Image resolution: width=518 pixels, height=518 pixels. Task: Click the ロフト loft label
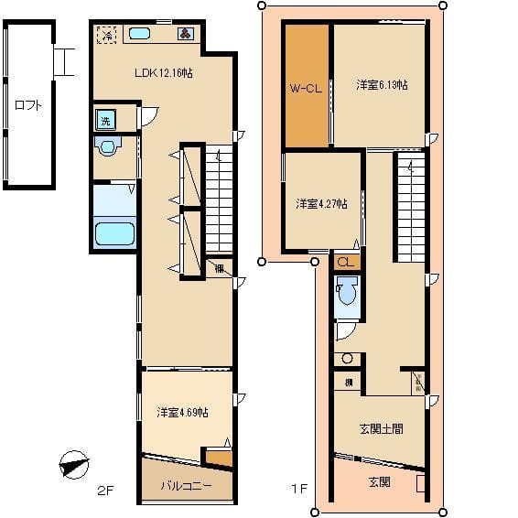pyautogui.click(x=27, y=104)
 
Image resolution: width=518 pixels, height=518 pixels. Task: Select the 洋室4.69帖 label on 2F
pyautogui.click(x=181, y=413)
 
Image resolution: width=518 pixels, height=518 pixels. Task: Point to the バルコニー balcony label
pyautogui.click(x=187, y=485)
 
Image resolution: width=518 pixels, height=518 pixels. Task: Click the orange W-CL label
pyautogui.click(x=305, y=89)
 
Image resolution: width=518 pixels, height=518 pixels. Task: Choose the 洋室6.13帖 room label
pyautogui.click(x=382, y=85)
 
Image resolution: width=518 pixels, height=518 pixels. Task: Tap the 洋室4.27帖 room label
pyautogui.click(x=320, y=203)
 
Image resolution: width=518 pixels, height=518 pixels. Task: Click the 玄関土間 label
pyautogui.click(x=380, y=428)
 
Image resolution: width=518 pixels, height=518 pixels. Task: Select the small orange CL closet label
pyautogui.click(x=344, y=262)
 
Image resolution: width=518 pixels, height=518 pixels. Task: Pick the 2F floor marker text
pyautogui.click(x=104, y=491)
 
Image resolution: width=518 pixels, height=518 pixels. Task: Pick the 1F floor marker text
pyautogui.click(x=298, y=491)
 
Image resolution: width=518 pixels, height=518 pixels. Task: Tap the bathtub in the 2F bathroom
pyautogui.click(x=114, y=234)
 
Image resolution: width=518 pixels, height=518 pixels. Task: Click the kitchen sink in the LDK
pyautogui.click(x=139, y=34)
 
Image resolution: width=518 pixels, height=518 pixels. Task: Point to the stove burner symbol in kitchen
pyautogui.click(x=185, y=35)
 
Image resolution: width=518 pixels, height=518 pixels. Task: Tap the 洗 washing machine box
pyautogui.click(x=106, y=120)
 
